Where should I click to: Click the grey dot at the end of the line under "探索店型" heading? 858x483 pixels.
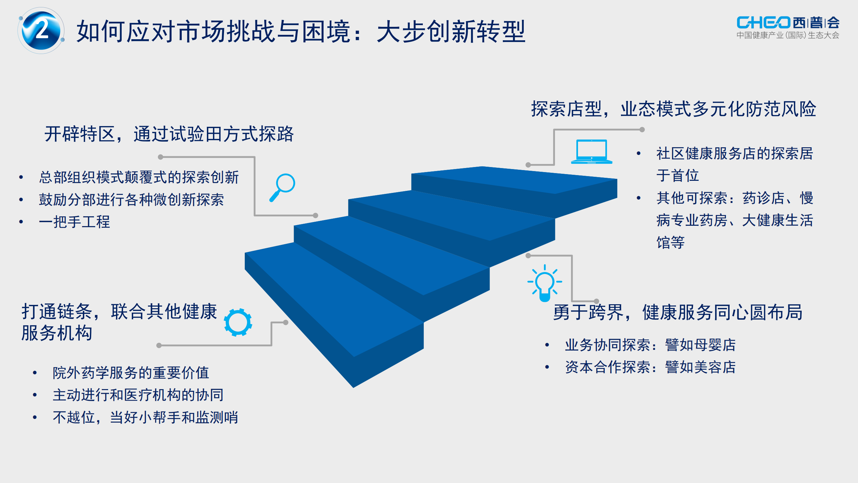pyautogui.click(x=642, y=130)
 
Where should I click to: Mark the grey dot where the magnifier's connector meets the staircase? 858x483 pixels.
pyautogui.click(x=316, y=215)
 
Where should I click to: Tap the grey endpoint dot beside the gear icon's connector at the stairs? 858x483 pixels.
pyautogui.click(x=286, y=322)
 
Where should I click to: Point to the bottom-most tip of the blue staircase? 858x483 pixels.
pyautogui.click(x=353, y=388)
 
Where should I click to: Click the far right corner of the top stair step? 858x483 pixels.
pyautogui.click(x=617, y=179)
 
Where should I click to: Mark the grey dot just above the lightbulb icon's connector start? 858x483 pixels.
pyautogui.click(x=528, y=256)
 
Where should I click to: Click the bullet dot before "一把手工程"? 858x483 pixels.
pyautogui.click(x=21, y=222)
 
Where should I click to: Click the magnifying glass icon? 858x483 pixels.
pyautogui.click(x=282, y=187)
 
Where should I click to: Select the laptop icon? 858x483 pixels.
pyautogui.click(x=592, y=152)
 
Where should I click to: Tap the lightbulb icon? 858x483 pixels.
pyautogui.click(x=545, y=283)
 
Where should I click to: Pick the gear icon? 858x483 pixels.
pyautogui.click(x=238, y=322)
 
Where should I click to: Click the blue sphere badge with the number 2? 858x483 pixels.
pyautogui.click(x=41, y=31)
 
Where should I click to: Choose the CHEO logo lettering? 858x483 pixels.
pyautogui.click(x=763, y=22)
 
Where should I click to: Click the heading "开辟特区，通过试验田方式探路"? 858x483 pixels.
pyautogui.click(x=169, y=134)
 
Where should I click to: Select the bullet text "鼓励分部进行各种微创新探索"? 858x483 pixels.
pyautogui.click(x=131, y=200)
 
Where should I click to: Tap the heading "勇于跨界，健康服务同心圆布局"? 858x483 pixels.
pyautogui.click(x=678, y=312)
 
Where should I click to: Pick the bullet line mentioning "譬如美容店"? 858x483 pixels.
pyautogui.click(x=650, y=367)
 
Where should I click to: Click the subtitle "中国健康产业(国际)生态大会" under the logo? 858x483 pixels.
pyautogui.click(x=788, y=35)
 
